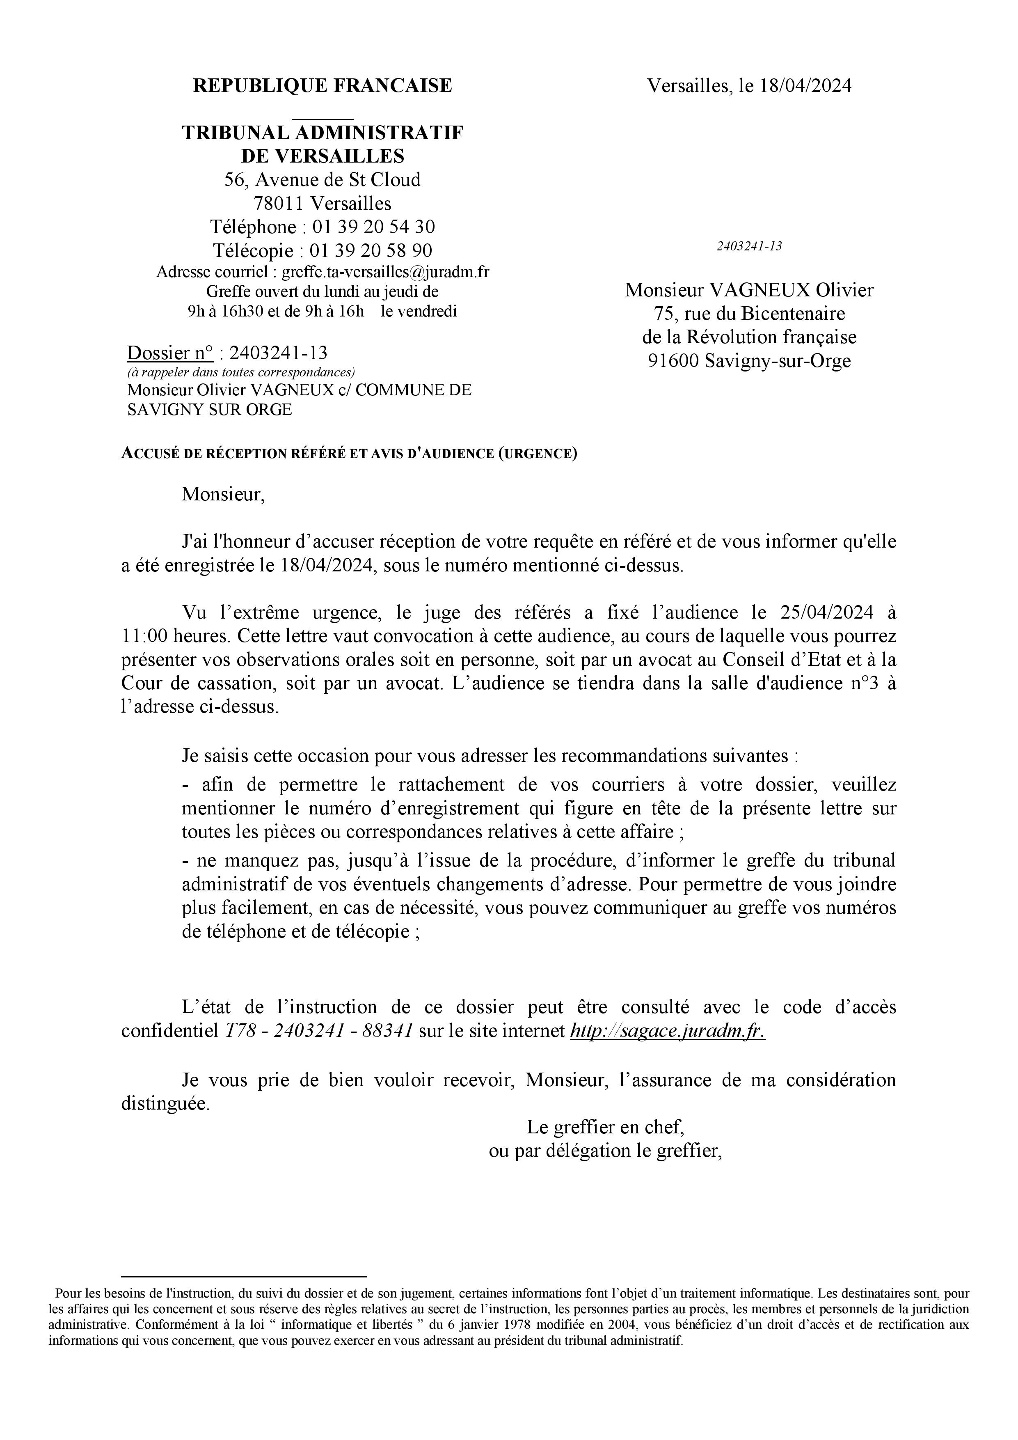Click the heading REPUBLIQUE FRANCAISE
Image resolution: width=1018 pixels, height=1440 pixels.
click(x=322, y=85)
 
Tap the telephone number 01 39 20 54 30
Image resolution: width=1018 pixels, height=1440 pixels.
click(x=374, y=227)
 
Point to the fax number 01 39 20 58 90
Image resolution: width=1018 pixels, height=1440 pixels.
click(x=371, y=250)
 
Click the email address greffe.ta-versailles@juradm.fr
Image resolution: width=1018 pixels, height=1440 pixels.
click(x=386, y=272)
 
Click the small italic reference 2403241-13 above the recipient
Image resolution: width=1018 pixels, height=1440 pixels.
click(x=749, y=246)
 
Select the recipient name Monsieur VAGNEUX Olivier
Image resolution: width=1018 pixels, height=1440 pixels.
click(x=749, y=290)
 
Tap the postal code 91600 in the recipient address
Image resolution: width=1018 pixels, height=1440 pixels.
click(x=673, y=361)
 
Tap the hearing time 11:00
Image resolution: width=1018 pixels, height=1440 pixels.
click(x=143, y=636)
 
